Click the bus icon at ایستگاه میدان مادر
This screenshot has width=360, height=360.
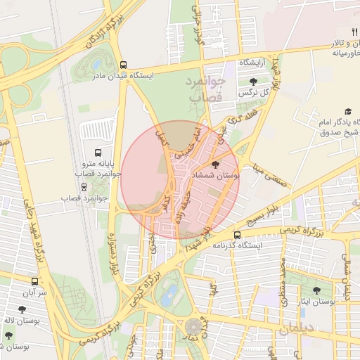click(124, 64)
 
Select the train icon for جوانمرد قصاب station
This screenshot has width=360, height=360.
click(85, 188)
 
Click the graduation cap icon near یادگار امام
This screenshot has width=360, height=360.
click(347, 112)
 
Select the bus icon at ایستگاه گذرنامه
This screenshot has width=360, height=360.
click(236, 235)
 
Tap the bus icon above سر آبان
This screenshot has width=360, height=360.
click(34, 281)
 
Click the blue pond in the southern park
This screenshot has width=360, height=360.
click(169, 297)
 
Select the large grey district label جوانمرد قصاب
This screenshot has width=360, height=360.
click(204, 90)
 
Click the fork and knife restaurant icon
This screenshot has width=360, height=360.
click(345, 30)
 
